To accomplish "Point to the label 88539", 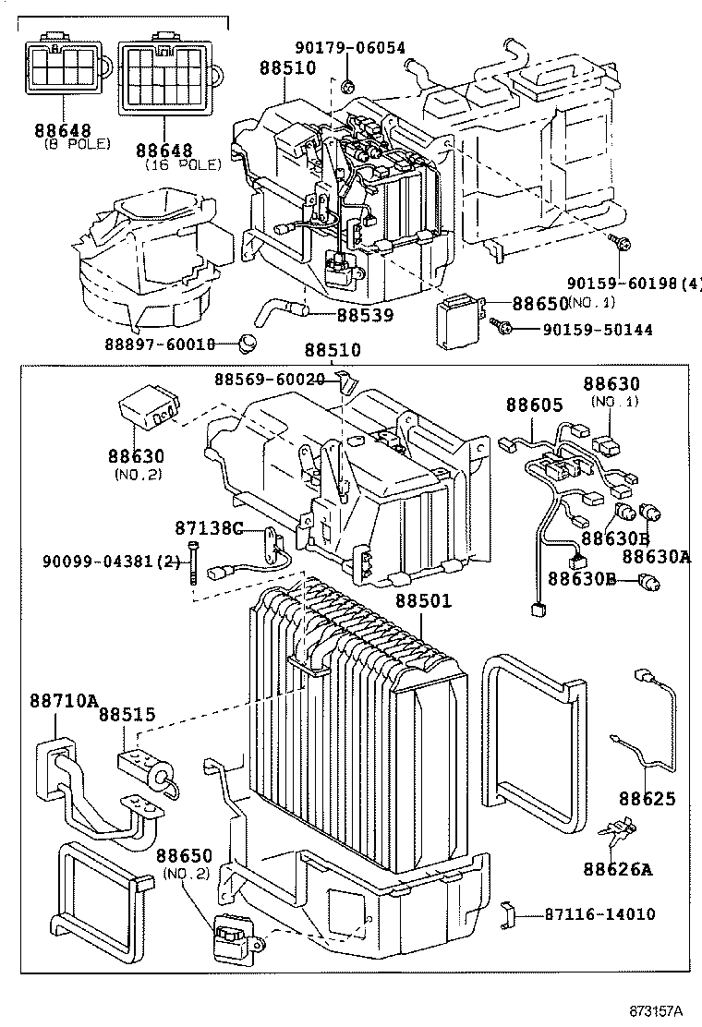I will (x=364, y=315).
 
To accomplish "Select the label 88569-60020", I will (x=269, y=379).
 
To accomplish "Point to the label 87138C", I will (x=208, y=528).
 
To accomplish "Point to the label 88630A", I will (x=656, y=556).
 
